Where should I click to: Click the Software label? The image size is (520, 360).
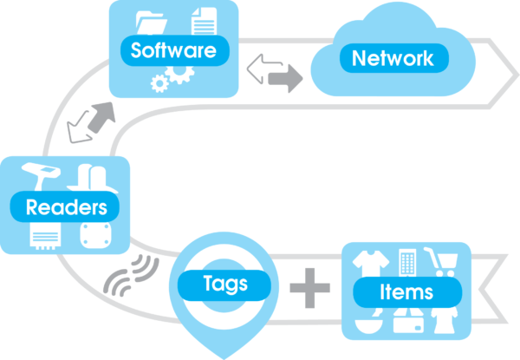point(173,50)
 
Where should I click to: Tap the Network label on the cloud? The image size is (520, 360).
point(392,59)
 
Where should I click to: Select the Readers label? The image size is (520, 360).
point(66,207)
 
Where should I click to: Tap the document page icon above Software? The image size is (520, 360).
point(202,21)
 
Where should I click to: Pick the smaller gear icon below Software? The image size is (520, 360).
point(159,83)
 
